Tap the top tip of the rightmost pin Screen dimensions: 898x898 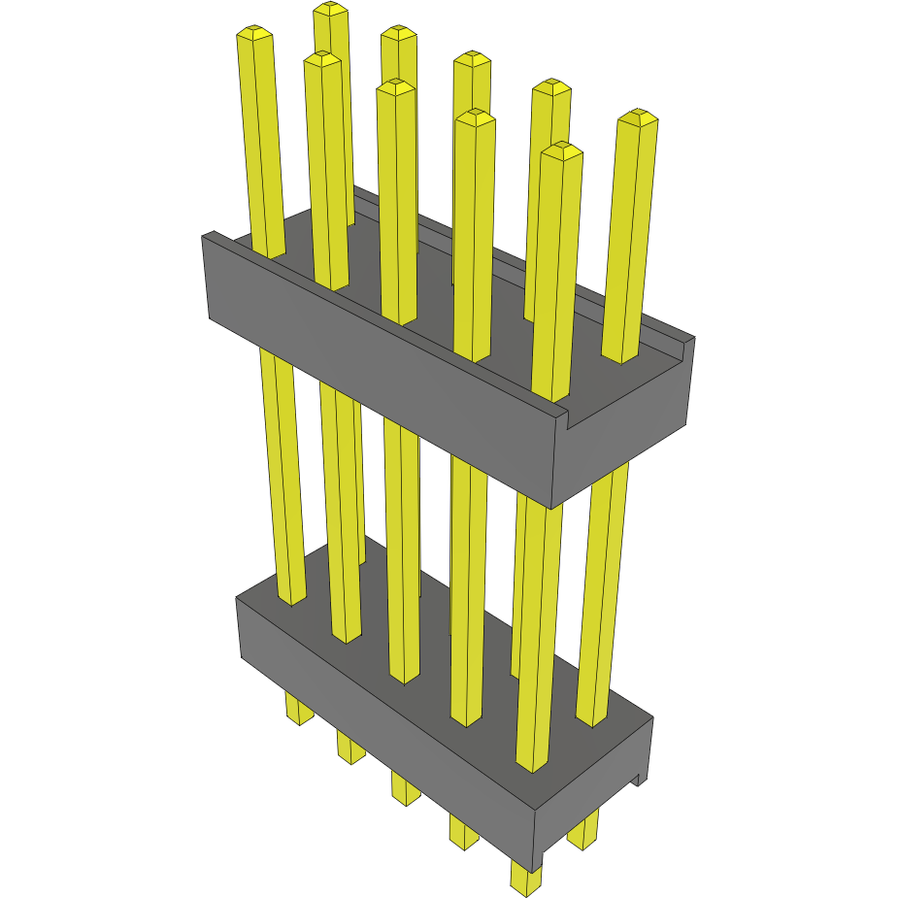638,117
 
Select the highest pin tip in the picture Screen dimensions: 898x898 331,9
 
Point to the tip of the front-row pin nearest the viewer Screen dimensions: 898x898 562,150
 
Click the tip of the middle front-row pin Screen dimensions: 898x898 396,87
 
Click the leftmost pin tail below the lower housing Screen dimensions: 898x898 299,710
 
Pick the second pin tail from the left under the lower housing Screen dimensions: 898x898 350,747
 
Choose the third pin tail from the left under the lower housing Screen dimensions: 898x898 405,787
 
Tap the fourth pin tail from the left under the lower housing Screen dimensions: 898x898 463,832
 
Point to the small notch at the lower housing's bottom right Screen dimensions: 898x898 639,777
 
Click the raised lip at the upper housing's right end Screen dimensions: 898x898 687,342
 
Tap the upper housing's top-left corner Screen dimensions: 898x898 207,236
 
